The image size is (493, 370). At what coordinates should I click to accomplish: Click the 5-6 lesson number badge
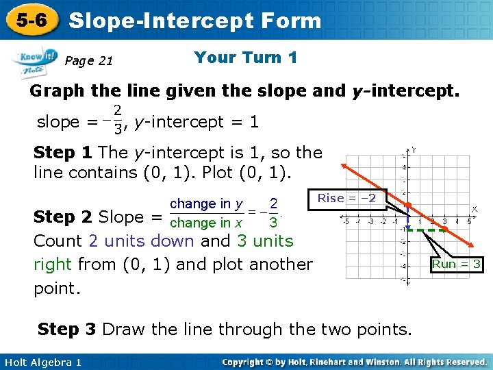[31, 21]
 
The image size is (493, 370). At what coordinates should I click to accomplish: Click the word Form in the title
[288, 21]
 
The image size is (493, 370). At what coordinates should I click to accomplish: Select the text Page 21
[88, 61]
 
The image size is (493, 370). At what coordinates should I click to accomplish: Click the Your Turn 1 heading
[245, 58]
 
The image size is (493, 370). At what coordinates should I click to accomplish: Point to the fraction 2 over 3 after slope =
[118, 119]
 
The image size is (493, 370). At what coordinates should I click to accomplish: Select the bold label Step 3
[67, 329]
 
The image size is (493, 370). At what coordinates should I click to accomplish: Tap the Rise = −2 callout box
[347, 198]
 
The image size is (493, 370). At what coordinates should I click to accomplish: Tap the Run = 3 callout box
[457, 264]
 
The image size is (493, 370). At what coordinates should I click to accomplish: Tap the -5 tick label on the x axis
[346, 221]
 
